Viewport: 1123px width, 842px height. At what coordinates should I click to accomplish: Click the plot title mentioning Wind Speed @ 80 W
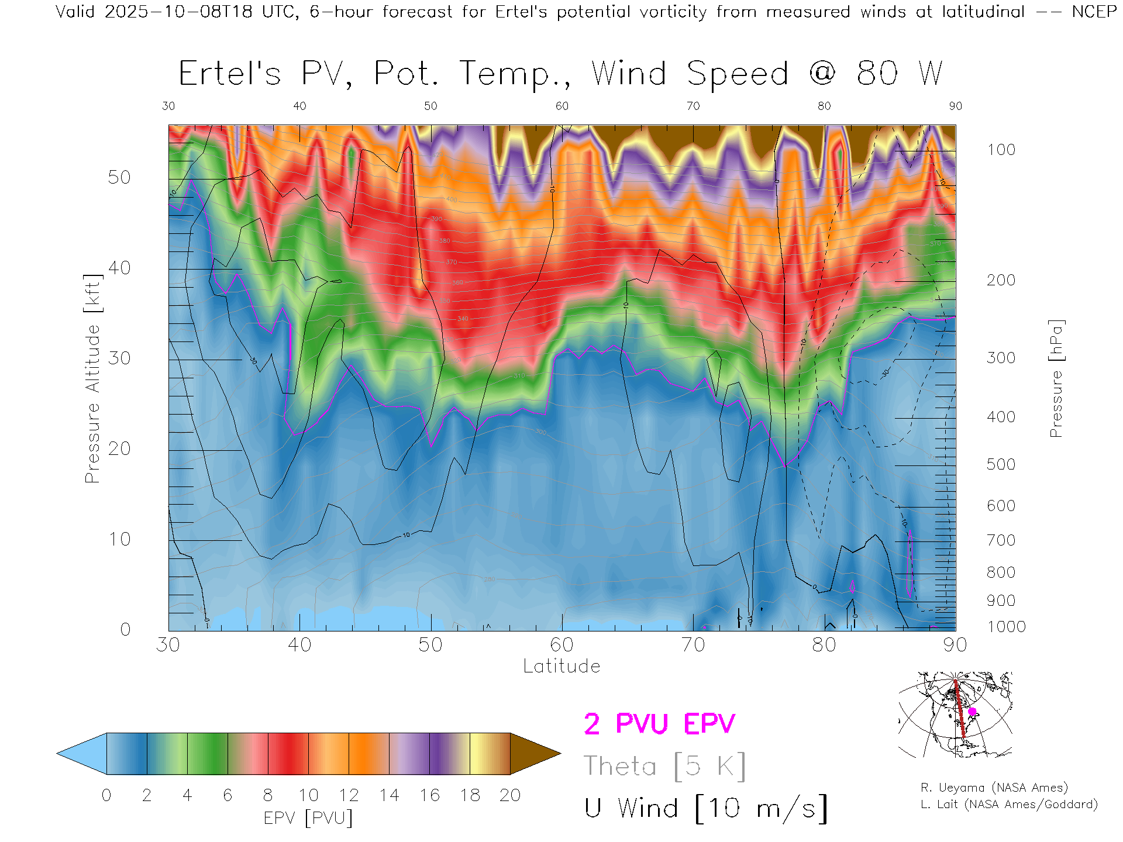pyautogui.click(x=560, y=74)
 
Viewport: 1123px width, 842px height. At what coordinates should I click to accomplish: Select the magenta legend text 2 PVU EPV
pyautogui.click(x=659, y=724)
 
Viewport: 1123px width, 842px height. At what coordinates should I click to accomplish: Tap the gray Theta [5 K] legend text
pyautogui.click(x=664, y=766)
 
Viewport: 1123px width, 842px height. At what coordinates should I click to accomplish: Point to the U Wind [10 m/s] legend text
pyautogui.click(x=705, y=809)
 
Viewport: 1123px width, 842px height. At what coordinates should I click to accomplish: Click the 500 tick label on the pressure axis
pyautogui.click(x=1001, y=464)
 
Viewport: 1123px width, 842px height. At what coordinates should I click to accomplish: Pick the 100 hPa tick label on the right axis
pyautogui.click(x=1001, y=150)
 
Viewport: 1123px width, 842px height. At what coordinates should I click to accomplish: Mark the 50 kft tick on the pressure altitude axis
pyautogui.click(x=119, y=177)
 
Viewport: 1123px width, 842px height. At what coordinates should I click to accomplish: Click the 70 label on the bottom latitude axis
pyautogui.click(x=693, y=645)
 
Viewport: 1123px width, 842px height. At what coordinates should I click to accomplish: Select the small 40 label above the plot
pyautogui.click(x=299, y=106)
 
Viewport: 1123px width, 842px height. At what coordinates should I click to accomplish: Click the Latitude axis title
pyautogui.click(x=561, y=667)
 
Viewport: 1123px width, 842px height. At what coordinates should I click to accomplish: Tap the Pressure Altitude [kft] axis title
pyautogui.click(x=92, y=378)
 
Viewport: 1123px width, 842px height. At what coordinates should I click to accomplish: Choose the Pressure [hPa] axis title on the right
pyautogui.click(x=1056, y=378)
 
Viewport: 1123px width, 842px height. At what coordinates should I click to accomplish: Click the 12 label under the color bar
pyautogui.click(x=349, y=795)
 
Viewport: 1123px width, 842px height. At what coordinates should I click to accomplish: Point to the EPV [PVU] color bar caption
pyautogui.click(x=308, y=818)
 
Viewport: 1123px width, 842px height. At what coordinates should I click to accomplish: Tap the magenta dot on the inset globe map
pyautogui.click(x=972, y=712)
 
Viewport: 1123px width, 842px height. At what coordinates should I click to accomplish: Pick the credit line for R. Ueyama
pyautogui.click(x=994, y=788)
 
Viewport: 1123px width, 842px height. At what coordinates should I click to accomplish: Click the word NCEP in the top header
pyautogui.click(x=1094, y=12)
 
